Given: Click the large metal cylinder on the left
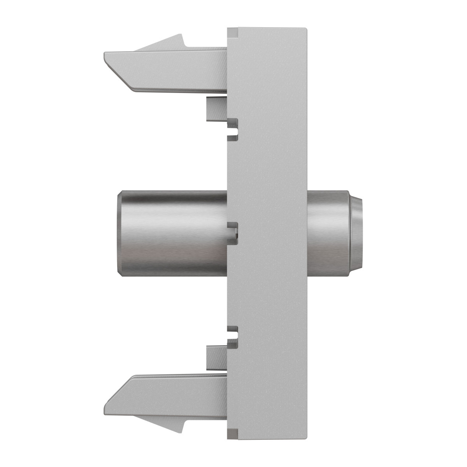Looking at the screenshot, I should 171,233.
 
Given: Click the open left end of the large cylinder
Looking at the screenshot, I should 119,233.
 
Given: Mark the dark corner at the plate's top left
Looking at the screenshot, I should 232,32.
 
